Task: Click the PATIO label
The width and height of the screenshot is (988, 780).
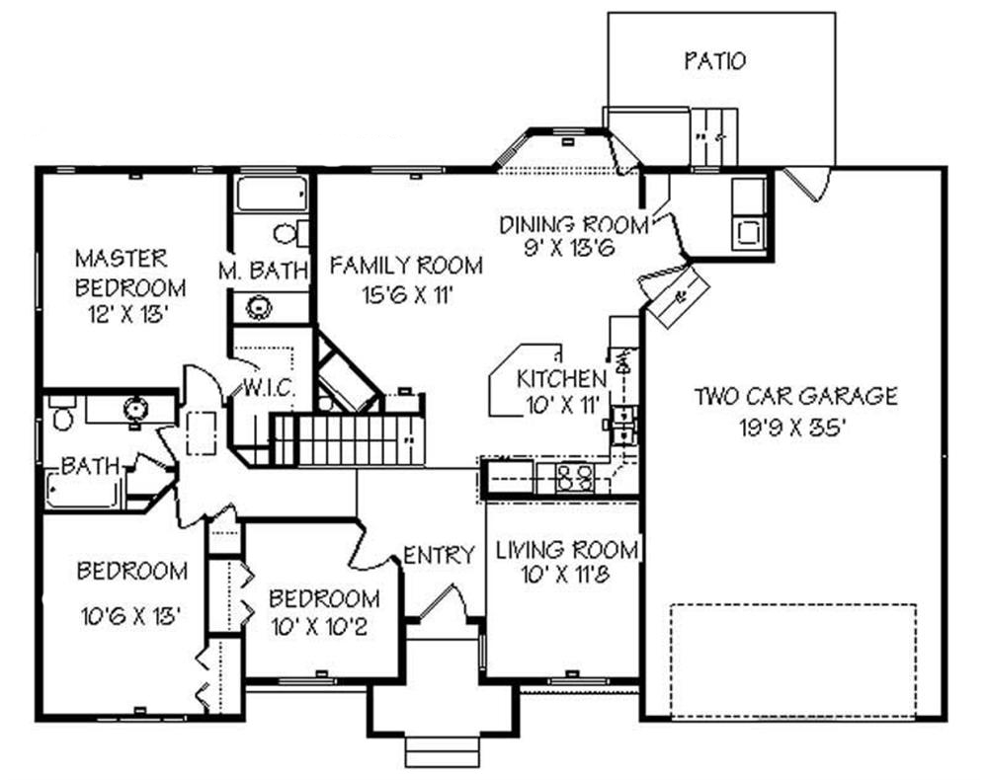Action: pyautogui.click(x=714, y=61)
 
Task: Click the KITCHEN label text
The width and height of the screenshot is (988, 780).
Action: pyautogui.click(x=561, y=378)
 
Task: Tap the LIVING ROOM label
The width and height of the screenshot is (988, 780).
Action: pyautogui.click(x=565, y=549)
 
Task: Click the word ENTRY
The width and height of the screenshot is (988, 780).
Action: pyautogui.click(x=439, y=556)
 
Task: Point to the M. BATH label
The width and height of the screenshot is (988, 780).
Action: pyautogui.click(x=264, y=270)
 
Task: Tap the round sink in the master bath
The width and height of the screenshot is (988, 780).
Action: pyautogui.click(x=259, y=307)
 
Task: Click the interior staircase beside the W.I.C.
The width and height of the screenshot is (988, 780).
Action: pyautogui.click(x=346, y=439)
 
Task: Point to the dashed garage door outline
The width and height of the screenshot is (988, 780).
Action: pyautogui.click(x=793, y=660)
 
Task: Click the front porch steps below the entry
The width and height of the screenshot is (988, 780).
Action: pyautogui.click(x=443, y=751)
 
